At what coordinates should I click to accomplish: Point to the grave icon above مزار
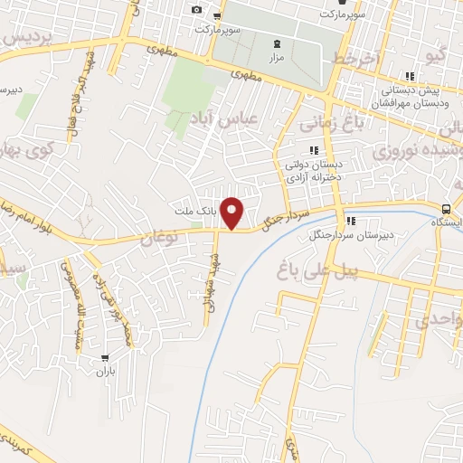coord(277,43)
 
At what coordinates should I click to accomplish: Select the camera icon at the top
coord(196,10)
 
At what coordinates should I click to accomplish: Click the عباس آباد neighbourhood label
coord(223,118)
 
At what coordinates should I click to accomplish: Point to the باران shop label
coord(107,371)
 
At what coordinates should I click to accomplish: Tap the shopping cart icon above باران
coord(107,357)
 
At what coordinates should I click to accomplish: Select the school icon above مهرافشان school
coord(410,76)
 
